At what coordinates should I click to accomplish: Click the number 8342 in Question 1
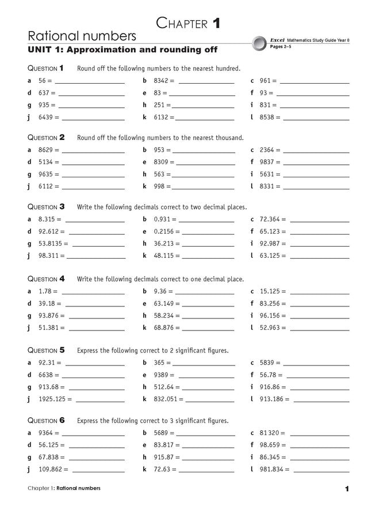coord(162,81)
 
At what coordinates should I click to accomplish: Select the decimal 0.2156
coord(164,232)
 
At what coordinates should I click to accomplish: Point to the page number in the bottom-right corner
coord(347,488)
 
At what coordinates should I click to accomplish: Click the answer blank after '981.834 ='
coord(322,469)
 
